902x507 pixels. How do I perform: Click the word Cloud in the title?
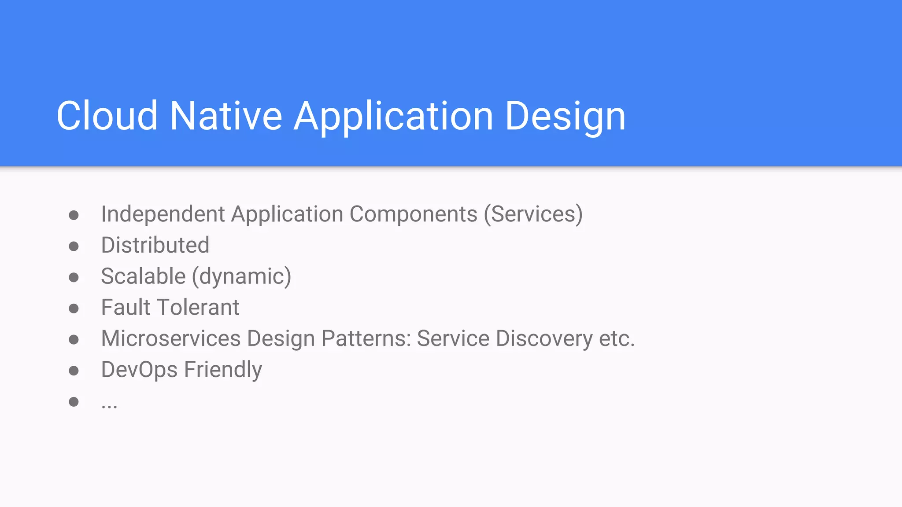[x=107, y=116]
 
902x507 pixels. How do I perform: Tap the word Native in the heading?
[x=226, y=116]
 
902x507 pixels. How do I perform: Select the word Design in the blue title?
[x=565, y=117]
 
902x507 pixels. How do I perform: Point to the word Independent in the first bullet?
[x=163, y=214]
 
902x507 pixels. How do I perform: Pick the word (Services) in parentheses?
[x=533, y=215]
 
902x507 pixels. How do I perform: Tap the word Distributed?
[x=155, y=245]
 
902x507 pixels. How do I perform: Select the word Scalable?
[x=143, y=276]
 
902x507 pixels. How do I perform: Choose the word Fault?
[x=126, y=307]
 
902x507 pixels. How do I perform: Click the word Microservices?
[x=171, y=338]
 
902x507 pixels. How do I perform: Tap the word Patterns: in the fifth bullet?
[x=366, y=338]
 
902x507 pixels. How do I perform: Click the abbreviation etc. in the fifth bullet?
[x=617, y=338]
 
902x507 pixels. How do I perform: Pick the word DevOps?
[x=139, y=370]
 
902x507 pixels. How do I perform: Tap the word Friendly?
[x=223, y=370]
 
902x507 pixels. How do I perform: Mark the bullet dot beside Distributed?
[x=74, y=246]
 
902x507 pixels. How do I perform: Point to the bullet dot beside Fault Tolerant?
[x=74, y=308]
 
